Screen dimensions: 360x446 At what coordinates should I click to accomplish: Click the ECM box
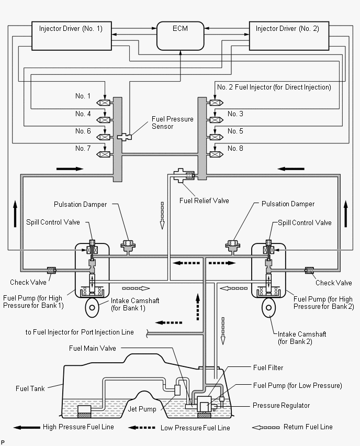point(181,36)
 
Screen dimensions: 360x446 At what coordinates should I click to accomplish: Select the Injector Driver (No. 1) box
point(71,36)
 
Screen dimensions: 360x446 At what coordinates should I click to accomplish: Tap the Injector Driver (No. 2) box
point(289,36)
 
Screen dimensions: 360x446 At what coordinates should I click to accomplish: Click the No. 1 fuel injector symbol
point(103,103)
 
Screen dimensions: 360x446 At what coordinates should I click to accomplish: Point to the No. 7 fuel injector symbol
point(103,154)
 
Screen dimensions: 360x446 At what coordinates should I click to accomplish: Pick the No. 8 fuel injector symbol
point(217,154)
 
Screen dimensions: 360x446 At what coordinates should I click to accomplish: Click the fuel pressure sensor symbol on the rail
point(125,137)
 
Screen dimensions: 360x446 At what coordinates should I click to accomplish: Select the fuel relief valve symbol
point(184,175)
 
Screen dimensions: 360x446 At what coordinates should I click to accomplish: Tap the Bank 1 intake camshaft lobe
point(92,307)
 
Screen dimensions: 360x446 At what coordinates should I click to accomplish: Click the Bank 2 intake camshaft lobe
point(269,307)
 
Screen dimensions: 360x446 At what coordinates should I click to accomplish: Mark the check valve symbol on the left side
point(51,270)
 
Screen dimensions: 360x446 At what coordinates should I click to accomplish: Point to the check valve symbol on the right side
point(309,270)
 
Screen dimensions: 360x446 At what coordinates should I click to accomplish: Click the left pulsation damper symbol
point(128,247)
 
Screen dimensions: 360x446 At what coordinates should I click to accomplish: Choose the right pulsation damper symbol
point(233,247)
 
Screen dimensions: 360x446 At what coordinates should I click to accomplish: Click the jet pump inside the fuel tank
point(177,389)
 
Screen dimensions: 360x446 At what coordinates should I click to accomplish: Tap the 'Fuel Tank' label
point(30,388)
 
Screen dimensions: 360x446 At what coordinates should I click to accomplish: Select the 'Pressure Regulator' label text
point(281,405)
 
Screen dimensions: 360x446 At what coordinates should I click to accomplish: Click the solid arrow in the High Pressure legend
point(27,427)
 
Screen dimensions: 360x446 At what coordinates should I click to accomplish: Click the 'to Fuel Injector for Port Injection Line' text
point(80,332)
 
